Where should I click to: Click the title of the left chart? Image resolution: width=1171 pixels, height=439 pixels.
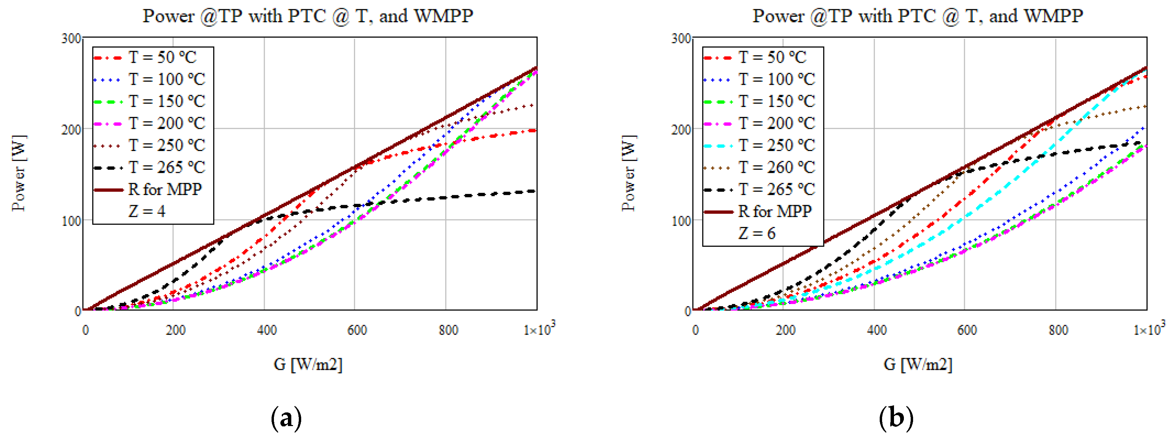[x=308, y=16]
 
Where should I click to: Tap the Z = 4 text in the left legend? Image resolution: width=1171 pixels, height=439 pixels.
[x=147, y=211]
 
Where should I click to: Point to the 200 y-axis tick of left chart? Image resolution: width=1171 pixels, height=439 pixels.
[x=71, y=130]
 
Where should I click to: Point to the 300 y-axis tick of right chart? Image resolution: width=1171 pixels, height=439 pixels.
[x=681, y=38]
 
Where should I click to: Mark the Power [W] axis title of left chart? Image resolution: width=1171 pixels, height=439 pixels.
[x=19, y=173]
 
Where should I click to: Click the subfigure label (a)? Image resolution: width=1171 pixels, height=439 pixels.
[x=286, y=417]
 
